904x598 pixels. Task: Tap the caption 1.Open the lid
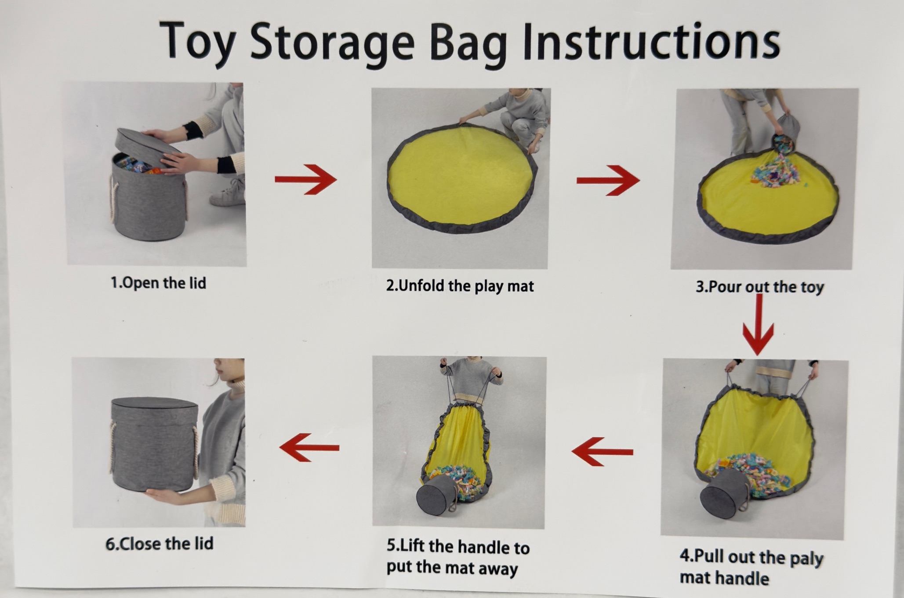158,283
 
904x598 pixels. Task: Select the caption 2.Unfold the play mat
460,286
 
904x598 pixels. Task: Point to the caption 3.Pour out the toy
759,287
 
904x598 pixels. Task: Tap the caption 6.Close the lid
159,544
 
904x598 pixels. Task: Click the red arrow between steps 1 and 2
305,179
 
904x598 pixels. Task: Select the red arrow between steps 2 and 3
608,180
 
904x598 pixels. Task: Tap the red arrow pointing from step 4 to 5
602,452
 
